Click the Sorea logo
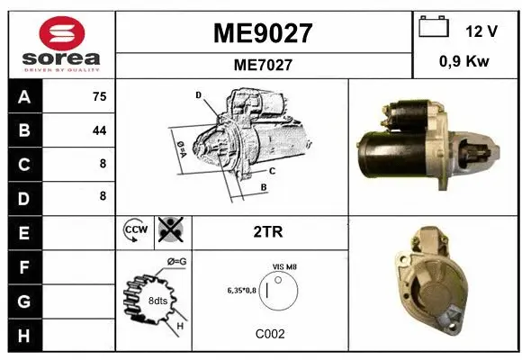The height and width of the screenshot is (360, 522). [61, 45]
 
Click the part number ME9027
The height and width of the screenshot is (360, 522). [262, 33]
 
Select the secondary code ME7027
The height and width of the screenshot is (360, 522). [262, 65]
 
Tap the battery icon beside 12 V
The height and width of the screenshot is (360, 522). [434, 28]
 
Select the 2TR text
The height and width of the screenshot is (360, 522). [269, 231]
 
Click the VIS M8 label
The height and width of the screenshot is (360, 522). [284, 267]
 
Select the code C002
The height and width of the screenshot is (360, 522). [270, 334]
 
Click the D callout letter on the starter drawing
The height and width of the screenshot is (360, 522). [199, 94]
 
